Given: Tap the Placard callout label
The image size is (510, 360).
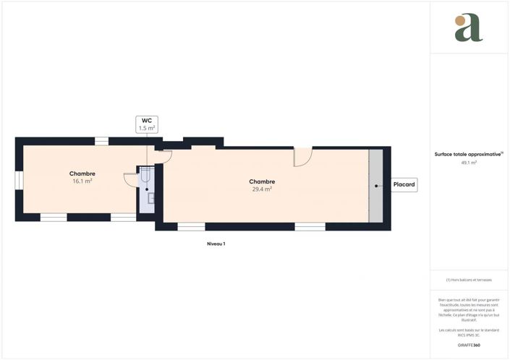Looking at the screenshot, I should pyautogui.click(x=404, y=185).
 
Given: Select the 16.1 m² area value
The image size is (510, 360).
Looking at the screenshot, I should pyautogui.click(x=82, y=181).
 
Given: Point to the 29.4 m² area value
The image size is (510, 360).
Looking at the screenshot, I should pyautogui.click(x=262, y=189).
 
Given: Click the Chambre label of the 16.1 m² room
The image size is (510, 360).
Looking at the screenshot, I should pyautogui.click(x=82, y=173).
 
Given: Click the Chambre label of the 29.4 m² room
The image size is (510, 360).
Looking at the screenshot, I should pyautogui.click(x=262, y=181).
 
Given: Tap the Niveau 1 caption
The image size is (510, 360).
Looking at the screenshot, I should pyautogui.click(x=216, y=244).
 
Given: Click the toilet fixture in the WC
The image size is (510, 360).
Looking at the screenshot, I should pyautogui.click(x=145, y=176).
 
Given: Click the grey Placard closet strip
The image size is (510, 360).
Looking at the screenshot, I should pyautogui.click(x=375, y=186).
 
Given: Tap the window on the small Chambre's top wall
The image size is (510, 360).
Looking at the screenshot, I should pyautogui.click(x=102, y=141).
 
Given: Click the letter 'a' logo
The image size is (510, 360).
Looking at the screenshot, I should pyautogui.click(x=469, y=27).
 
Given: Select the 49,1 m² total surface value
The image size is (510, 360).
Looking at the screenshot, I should pyautogui.click(x=469, y=163).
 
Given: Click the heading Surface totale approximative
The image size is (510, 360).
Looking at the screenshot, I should pyautogui.click(x=468, y=154).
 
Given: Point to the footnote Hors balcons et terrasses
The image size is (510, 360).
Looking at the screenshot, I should pyautogui.click(x=469, y=280).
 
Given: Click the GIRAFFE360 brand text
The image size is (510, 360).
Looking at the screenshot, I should pyautogui.click(x=469, y=345).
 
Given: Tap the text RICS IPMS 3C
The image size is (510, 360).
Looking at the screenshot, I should pyautogui.click(x=469, y=334).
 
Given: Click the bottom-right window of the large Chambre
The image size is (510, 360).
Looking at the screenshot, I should pyautogui.click(x=310, y=226).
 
